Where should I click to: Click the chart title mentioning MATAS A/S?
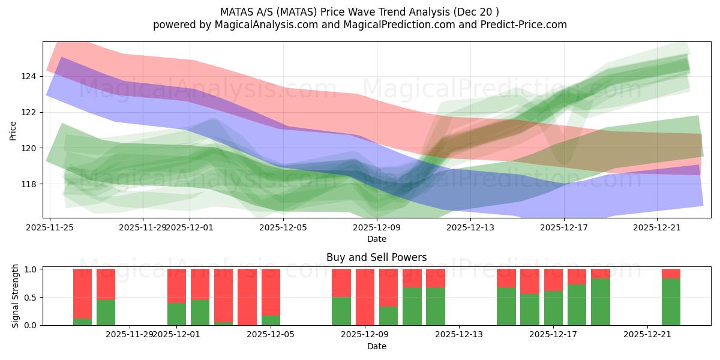click(359, 11)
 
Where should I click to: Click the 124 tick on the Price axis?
click(29, 77)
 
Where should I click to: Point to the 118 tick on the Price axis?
click(29, 184)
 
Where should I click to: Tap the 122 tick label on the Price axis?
click(29, 112)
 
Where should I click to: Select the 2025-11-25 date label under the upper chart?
click(50, 227)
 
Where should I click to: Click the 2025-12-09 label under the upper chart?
click(377, 227)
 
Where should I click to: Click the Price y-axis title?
click(13, 130)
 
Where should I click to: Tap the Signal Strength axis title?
click(16, 296)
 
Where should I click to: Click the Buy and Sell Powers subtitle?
click(376, 257)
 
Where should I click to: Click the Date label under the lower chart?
click(376, 346)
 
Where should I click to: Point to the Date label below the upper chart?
click(376, 239)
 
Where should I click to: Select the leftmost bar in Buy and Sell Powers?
click(82, 297)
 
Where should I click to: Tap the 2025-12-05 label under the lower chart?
click(271, 334)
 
